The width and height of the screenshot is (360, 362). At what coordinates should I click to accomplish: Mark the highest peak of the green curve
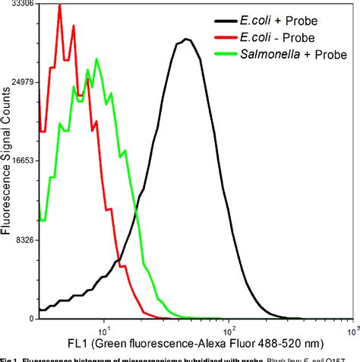(x=97, y=59)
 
